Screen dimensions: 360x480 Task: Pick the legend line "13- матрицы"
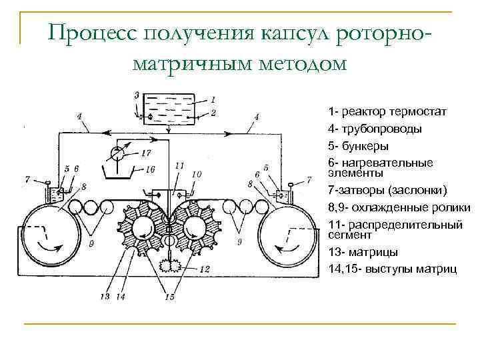pos(363,252)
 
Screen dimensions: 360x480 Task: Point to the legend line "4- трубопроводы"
pos(374,128)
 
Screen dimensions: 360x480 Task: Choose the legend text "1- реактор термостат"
pos(387,111)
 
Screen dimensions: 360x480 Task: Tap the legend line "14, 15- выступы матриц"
pos(393,269)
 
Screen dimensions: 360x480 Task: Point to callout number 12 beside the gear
pos(205,269)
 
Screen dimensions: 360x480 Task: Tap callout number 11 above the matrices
pos(179,165)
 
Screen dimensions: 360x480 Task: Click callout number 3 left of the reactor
pos(136,96)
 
